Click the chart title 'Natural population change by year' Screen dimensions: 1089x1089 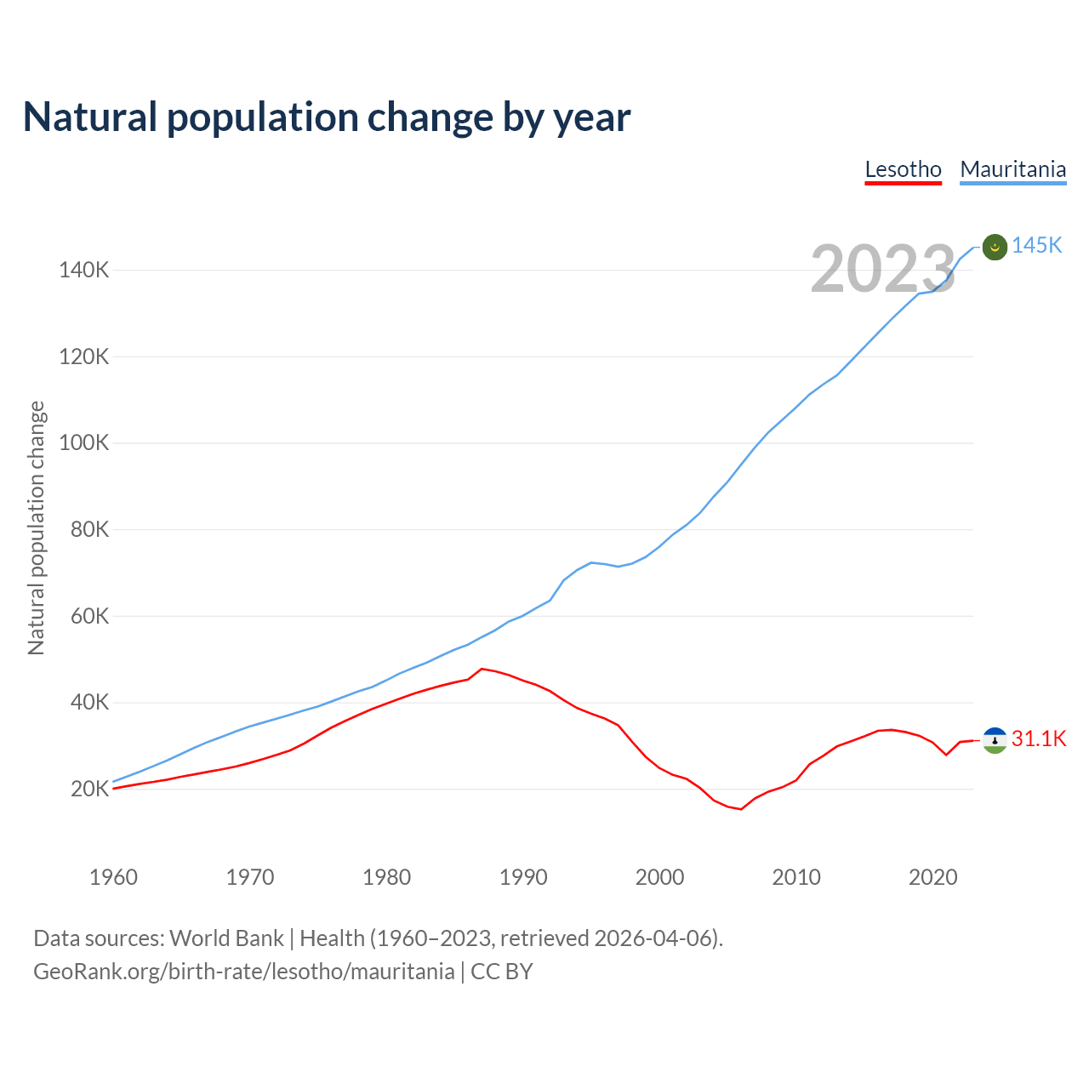pyautogui.click(x=327, y=117)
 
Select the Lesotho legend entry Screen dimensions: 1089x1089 pyautogui.click(x=903, y=169)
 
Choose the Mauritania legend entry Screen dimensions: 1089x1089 pyautogui.click(x=1012, y=169)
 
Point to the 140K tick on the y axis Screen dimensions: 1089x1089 pyautogui.click(x=84, y=271)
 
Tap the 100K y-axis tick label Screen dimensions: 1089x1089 pyautogui.click(x=84, y=443)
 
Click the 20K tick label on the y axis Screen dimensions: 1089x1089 pyautogui.click(x=90, y=790)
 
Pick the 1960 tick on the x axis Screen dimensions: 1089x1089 pyautogui.click(x=113, y=877)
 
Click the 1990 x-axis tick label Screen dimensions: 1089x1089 pyautogui.click(x=523, y=877)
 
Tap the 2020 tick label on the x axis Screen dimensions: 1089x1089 pyautogui.click(x=933, y=877)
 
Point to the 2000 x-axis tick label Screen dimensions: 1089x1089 pyautogui.click(x=659, y=877)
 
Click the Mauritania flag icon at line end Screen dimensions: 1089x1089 pyautogui.click(x=995, y=247)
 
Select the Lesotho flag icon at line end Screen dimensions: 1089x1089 pyautogui.click(x=995, y=740)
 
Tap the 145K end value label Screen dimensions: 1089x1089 pyautogui.click(x=1037, y=246)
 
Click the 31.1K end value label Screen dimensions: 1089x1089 pyautogui.click(x=1039, y=738)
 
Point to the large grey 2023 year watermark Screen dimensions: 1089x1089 pyautogui.click(x=883, y=270)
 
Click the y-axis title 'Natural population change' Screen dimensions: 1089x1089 pyautogui.click(x=36, y=527)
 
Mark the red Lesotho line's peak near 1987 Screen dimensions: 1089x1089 pyautogui.click(x=482, y=669)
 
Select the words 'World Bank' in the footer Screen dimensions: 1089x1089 pyautogui.click(x=226, y=938)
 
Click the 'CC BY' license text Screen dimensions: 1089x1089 pyautogui.click(x=502, y=972)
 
